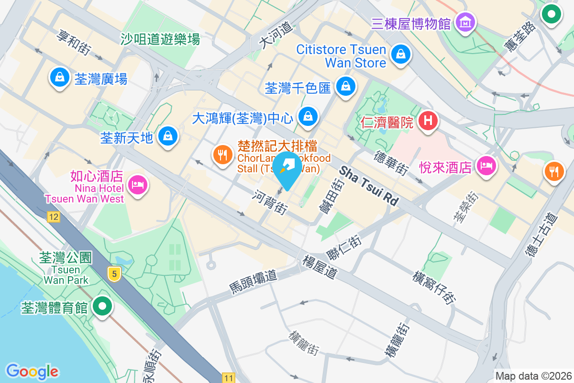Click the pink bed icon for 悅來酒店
pyautogui.click(x=486, y=166)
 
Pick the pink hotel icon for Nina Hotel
pyautogui.click(x=138, y=185)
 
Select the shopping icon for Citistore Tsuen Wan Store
pyautogui.click(x=399, y=54)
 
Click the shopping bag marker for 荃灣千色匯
pyautogui.click(x=344, y=86)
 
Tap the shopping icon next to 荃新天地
pyautogui.click(x=168, y=136)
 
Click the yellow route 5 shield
pyautogui.click(x=114, y=274)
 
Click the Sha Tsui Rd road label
pyautogui.click(x=369, y=186)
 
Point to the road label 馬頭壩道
pyautogui.click(x=253, y=282)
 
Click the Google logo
pyautogui.click(x=33, y=371)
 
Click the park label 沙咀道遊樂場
pyautogui.click(x=160, y=39)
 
